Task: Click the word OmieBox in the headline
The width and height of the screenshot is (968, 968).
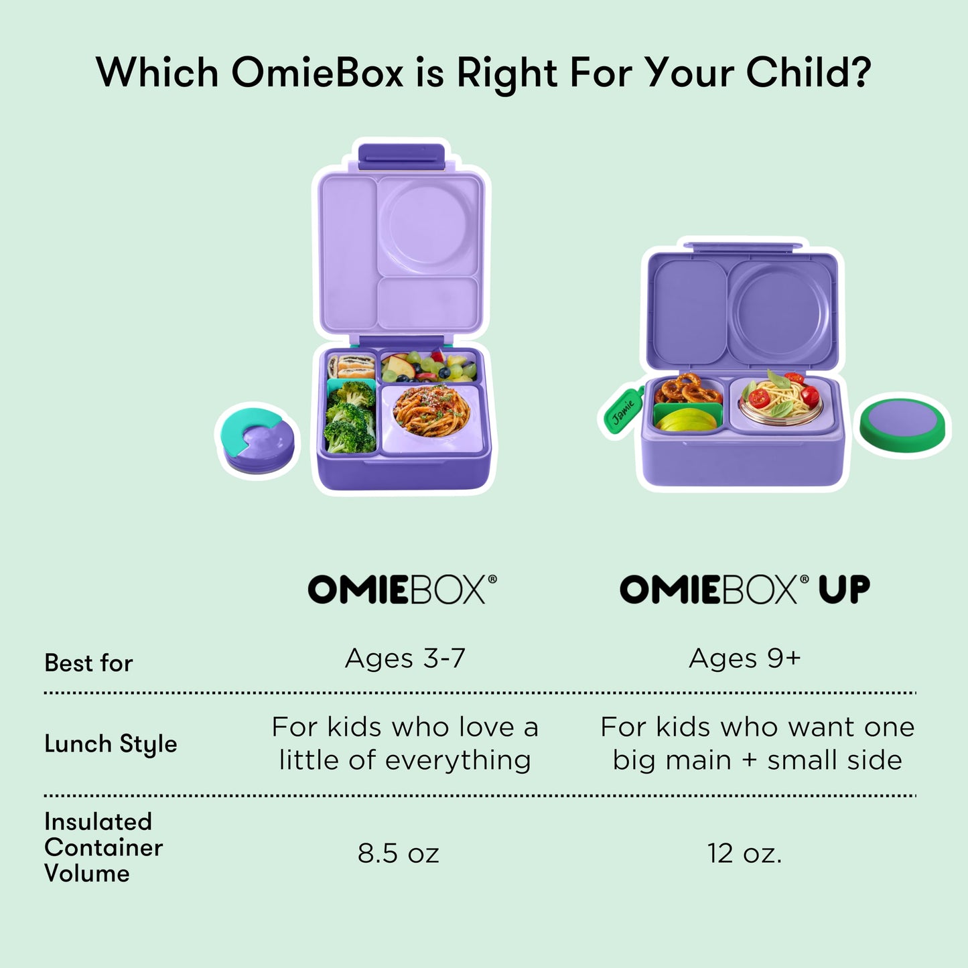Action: tap(316, 72)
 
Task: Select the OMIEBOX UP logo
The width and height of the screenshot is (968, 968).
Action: tap(744, 590)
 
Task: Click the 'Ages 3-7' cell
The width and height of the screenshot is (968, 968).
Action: tap(405, 659)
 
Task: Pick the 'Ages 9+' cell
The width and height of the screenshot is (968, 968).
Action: tap(744, 659)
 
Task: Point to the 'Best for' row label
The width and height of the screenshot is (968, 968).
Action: tap(88, 663)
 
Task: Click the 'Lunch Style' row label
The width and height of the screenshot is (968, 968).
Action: tap(111, 744)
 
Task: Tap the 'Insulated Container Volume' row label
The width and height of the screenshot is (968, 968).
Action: tap(103, 847)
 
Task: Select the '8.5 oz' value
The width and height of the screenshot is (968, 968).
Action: tap(398, 853)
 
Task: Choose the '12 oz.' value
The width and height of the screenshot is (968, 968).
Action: tap(744, 853)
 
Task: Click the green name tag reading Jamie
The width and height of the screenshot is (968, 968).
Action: tap(622, 410)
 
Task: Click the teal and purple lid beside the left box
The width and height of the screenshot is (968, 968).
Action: tap(257, 438)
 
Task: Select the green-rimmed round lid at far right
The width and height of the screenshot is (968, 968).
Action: tap(904, 425)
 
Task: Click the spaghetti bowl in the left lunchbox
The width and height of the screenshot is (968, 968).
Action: tap(431, 410)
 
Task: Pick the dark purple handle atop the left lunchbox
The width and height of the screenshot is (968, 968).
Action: tap(401, 155)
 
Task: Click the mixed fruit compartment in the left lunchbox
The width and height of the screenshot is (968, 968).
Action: tap(427, 366)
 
